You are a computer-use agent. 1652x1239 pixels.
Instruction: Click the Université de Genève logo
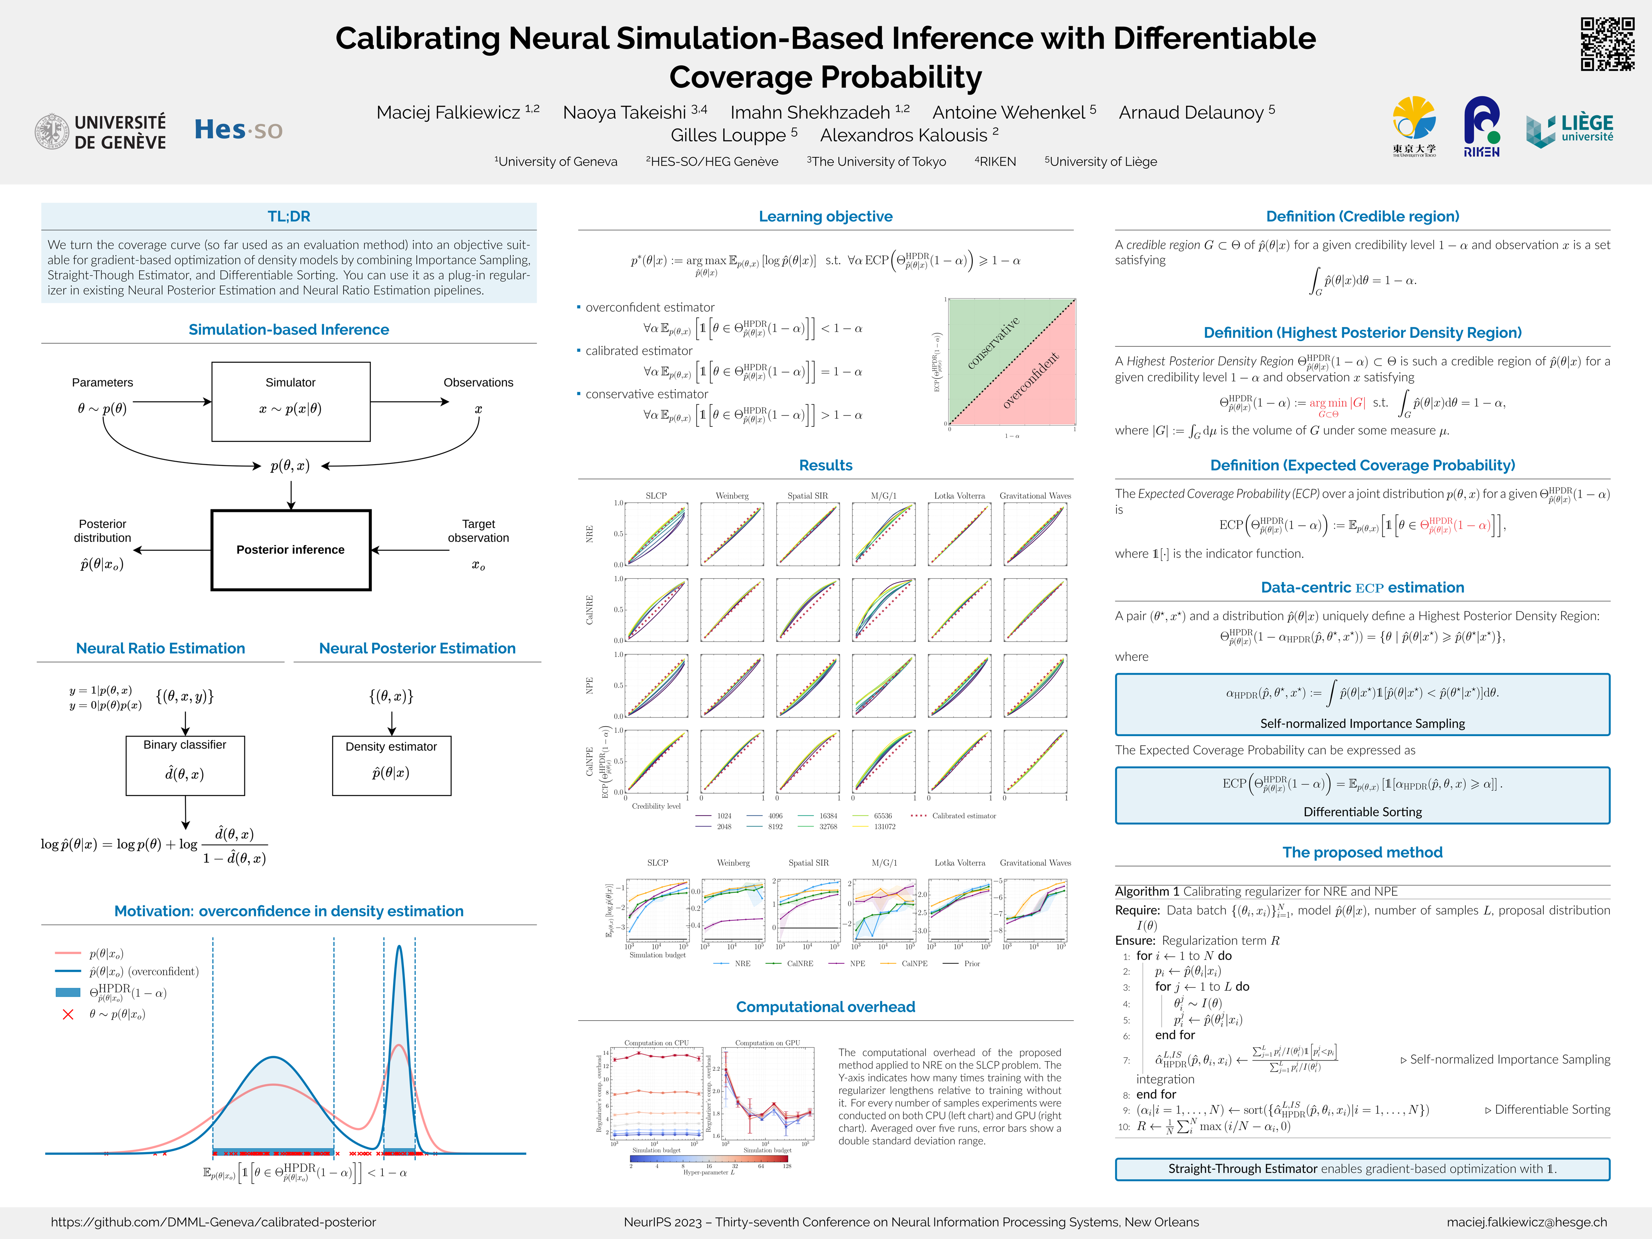[101, 132]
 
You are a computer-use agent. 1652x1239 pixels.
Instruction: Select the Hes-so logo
[238, 130]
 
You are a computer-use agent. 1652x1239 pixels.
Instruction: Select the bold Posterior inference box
[290, 550]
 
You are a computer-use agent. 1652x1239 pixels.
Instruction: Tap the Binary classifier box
[185, 765]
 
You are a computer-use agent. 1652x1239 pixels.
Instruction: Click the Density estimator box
[391, 765]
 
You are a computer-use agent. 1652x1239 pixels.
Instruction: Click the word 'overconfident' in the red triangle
[1031, 380]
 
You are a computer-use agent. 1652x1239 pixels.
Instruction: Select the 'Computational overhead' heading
[825, 1007]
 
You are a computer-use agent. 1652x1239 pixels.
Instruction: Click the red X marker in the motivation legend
[68, 1014]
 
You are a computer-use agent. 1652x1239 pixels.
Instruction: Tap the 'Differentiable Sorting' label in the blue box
[1362, 812]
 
